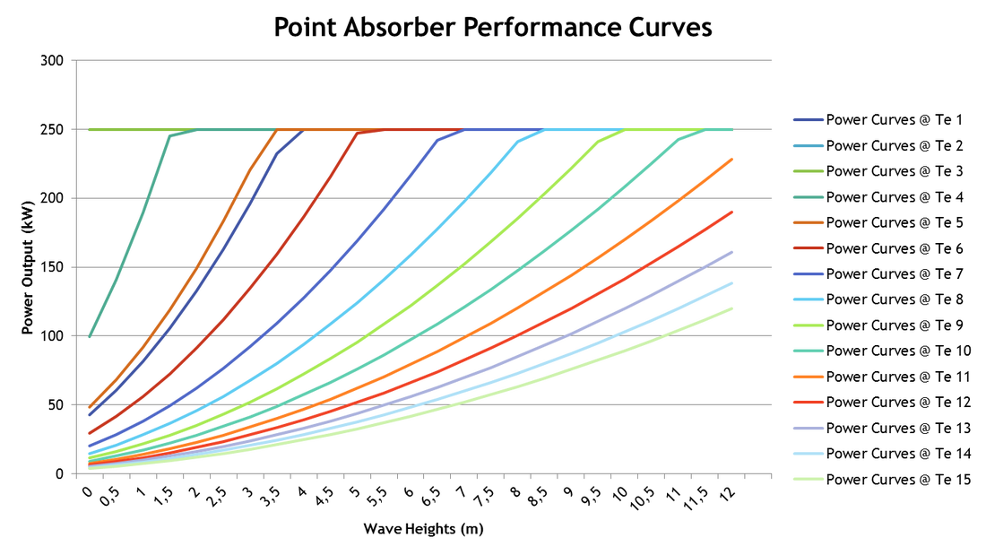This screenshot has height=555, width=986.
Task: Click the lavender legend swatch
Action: point(808,428)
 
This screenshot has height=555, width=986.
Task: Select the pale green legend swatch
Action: point(808,479)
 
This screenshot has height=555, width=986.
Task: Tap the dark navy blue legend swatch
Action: point(808,119)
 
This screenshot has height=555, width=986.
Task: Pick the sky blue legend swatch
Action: point(808,299)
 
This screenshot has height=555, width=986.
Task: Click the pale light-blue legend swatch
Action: point(808,454)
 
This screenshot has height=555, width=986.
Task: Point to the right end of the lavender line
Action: point(733,252)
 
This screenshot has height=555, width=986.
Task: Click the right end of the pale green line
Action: point(733,308)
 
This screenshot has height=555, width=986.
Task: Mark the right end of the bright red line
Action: point(733,211)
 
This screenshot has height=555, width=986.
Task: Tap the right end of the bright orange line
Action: point(733,159)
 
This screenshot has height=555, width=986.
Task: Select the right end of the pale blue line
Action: point(733,283)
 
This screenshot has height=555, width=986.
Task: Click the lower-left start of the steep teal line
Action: point(90,336)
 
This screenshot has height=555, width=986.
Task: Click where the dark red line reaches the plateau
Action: point(357,134)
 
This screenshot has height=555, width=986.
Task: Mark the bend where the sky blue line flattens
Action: point(520,138)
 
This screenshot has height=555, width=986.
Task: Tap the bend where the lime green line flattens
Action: point(599,139)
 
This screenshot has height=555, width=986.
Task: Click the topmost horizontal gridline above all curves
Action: point(421,60)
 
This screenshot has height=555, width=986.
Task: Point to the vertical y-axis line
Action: point(76,269)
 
